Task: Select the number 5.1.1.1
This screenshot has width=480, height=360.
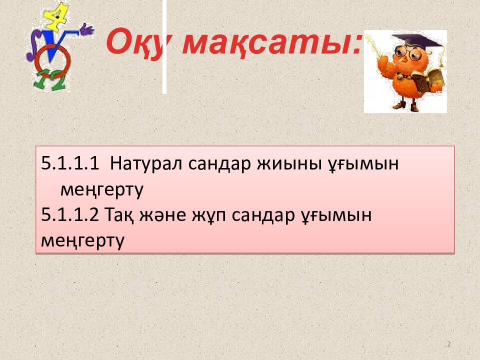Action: click(70, 163)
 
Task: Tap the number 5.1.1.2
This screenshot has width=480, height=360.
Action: click(70, 214)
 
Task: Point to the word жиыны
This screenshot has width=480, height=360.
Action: click(289, 163)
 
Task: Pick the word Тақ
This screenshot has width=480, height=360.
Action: click(119, 215)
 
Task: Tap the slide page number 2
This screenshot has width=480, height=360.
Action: click(449, 344)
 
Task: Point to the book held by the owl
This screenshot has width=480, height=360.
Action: click(428, 80)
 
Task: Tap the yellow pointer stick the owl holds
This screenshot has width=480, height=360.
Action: click(373, 46)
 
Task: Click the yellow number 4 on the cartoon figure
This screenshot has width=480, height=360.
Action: click(57, 17)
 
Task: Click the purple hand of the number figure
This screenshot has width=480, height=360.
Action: click(86, 29)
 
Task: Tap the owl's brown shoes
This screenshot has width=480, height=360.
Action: click(406, 106)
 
